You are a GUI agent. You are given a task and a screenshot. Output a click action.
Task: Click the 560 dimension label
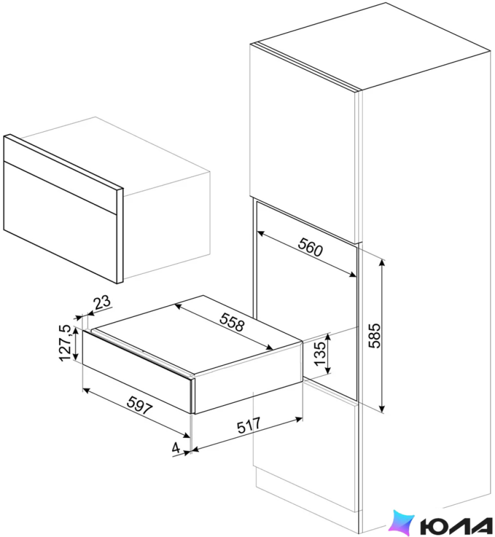click(310, 247)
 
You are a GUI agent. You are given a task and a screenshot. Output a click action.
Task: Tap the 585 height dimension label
click(375, 336)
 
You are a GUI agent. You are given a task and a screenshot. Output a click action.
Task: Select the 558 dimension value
click(232, 322)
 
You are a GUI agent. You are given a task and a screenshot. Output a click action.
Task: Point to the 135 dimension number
click(320, 354)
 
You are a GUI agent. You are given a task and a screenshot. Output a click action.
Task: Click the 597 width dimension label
click(140, 405)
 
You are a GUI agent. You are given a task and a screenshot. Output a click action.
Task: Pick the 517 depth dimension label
click(249, 425)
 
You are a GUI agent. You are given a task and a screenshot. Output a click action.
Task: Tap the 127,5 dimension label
click(66, 343)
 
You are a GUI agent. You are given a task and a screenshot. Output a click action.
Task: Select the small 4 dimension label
click(176, 448)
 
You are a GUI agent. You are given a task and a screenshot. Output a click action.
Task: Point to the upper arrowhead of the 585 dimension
click(382, 263)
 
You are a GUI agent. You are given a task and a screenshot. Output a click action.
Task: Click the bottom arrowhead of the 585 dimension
click(382, 409)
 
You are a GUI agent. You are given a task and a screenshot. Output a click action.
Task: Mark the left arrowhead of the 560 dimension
click(261, 233)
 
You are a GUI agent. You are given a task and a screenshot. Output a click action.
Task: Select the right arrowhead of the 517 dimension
click(299, 419)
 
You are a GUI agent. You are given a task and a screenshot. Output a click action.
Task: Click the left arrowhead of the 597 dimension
click(87, 391)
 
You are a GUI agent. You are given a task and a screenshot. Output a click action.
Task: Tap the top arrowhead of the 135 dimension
click(328, 337)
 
